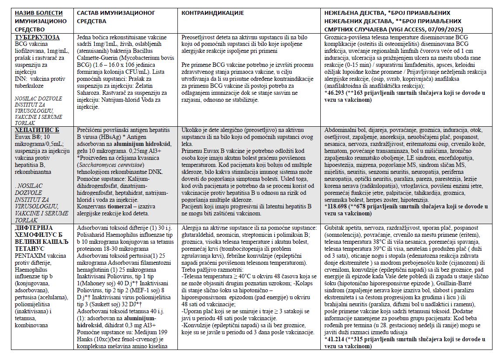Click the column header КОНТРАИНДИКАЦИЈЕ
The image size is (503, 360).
point(212,13)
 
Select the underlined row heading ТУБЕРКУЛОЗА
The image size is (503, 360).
point(37,37)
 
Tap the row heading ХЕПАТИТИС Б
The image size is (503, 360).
point(37,130)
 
